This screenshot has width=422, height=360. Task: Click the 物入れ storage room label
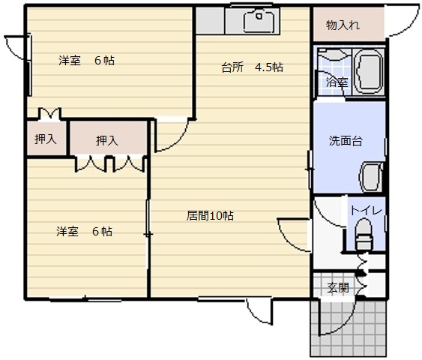[x=343, y=25]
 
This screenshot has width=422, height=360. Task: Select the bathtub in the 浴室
[x=369, y=71]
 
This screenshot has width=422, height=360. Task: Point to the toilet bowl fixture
[x=364, y=234]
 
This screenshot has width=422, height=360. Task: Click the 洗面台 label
[x=346, y=141]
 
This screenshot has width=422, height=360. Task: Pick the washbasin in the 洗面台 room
[x=371, y=177]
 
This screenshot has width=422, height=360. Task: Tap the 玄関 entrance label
[x=338, y=288]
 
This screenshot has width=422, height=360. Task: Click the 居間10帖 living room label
[x=210, y=216]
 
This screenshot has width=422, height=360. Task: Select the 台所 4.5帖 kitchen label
[x=252, y=67]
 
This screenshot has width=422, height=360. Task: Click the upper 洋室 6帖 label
[x=86, y=60]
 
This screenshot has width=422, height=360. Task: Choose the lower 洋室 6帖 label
[x=84, y=231]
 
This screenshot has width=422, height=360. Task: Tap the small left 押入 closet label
[x=46, y=139]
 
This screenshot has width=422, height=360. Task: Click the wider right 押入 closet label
[x=107, y=140]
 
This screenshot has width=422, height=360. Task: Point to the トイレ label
[x=366, y=210]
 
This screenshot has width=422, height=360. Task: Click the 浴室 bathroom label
[x=337, y=82]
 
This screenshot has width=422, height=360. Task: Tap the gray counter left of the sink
[x=210, y=21]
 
